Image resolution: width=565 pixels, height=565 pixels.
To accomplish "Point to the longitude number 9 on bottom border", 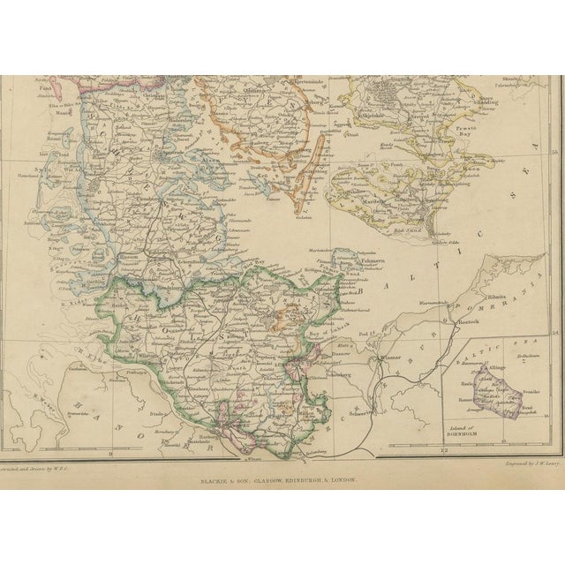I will click(x=110, y=453).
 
